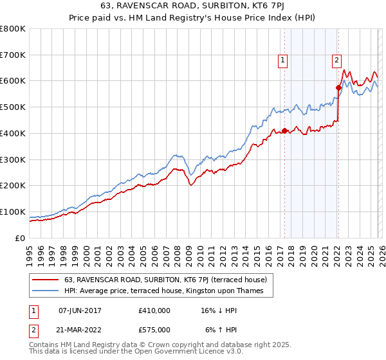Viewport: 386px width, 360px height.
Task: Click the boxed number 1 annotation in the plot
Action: coord(282,61)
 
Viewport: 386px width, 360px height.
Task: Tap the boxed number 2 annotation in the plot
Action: coord(336,61)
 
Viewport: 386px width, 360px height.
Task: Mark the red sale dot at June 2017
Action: coord(284,130)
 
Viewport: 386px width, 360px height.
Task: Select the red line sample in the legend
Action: coord(47,280)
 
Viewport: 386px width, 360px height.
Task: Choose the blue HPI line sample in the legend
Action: coord(47,291)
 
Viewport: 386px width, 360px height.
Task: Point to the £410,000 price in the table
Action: coord(154,310)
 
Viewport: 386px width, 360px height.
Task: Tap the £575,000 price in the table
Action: coord(154,329)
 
